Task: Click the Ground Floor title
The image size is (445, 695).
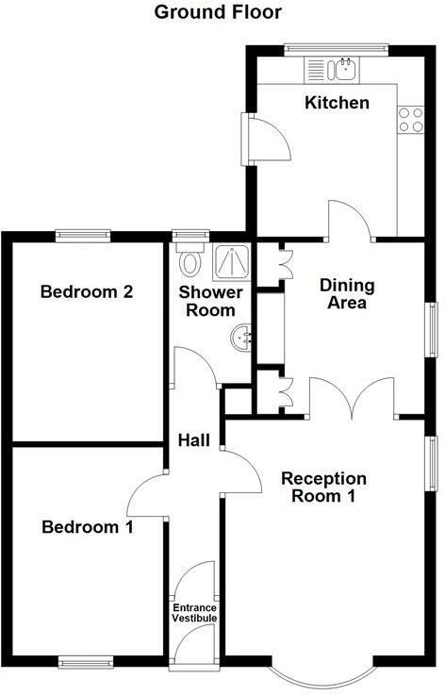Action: click(x=217, y=12)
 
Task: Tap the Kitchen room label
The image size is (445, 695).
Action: click(x=337, y=102)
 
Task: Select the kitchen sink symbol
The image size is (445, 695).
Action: click(x=345, y=68)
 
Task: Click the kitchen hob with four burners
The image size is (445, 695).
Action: click(x=410, y=119)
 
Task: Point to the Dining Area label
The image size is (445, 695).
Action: click(x=347, y=293)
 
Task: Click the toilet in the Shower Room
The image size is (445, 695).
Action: click(x=191, y=258)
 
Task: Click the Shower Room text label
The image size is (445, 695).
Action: click(x=210, y=301)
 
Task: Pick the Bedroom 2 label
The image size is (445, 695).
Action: click(x=86, y=291)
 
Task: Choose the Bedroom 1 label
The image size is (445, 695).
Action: click(x=87, y=527)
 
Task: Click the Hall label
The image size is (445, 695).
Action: click(x=193, y=440)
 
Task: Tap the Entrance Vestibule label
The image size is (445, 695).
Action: click(x=194, y=613)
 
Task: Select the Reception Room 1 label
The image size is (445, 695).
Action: click(x=323, y=488)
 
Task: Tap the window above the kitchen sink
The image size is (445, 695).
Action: click(x=337, y=45)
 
